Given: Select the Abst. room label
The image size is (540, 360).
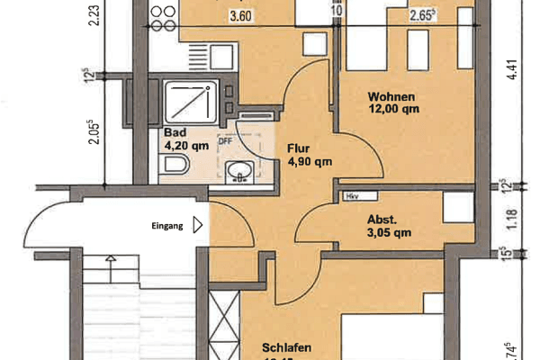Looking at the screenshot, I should click(x=381, y=218).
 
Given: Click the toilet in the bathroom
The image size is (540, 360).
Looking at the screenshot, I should click(x=175, y=165).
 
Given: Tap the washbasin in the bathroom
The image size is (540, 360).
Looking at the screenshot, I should click(x=238, y=170).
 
